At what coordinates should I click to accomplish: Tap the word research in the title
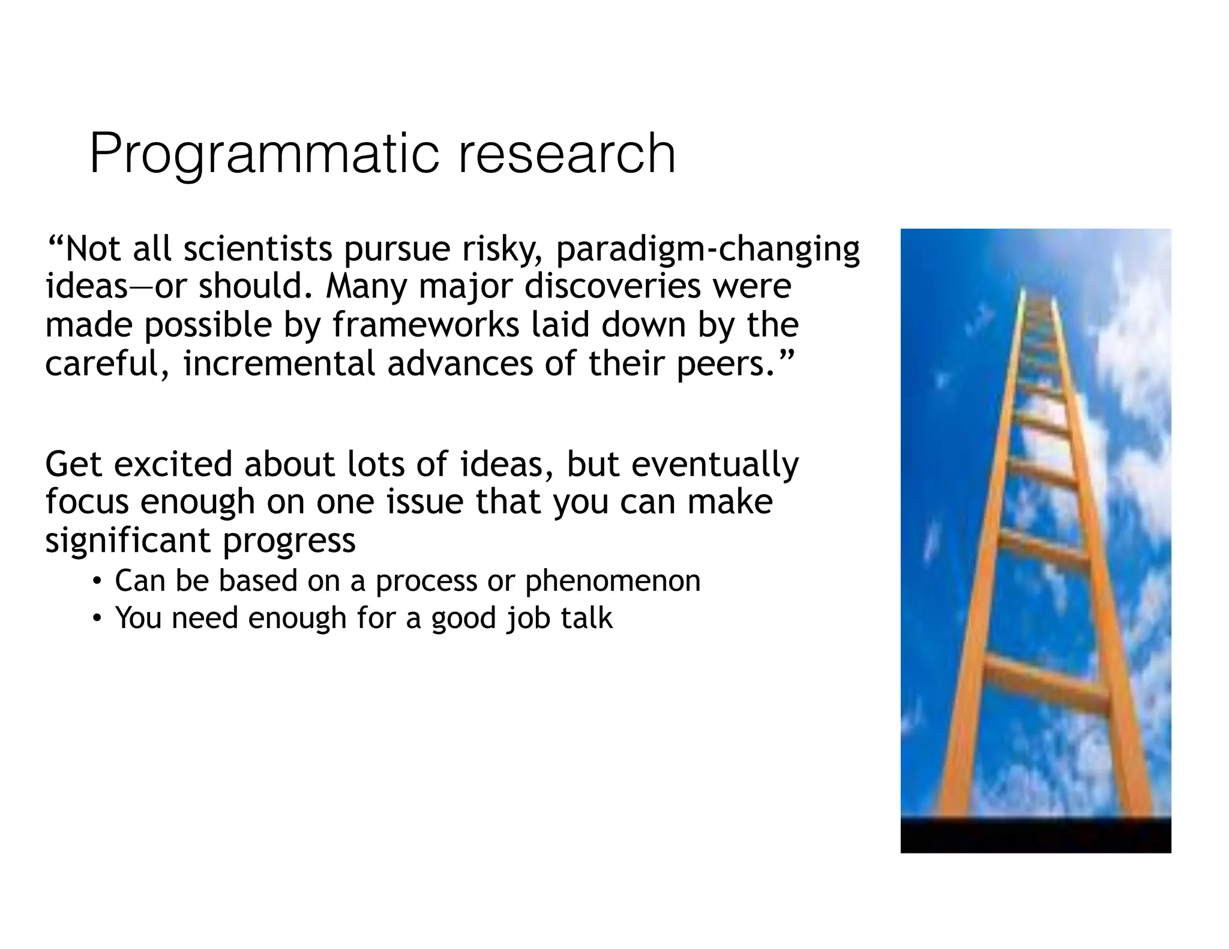tap(567, 155)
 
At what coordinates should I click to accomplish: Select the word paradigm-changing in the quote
tap(708, 250)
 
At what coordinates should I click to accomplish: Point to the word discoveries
tap(612, 286)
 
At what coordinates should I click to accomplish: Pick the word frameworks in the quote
tap(426, 325)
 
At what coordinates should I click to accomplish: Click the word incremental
tap(279, 364)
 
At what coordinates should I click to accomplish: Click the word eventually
tap(714, 465)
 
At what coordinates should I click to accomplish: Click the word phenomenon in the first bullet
tap(612, 581)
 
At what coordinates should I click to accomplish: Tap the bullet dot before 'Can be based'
tap(96, 581)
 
